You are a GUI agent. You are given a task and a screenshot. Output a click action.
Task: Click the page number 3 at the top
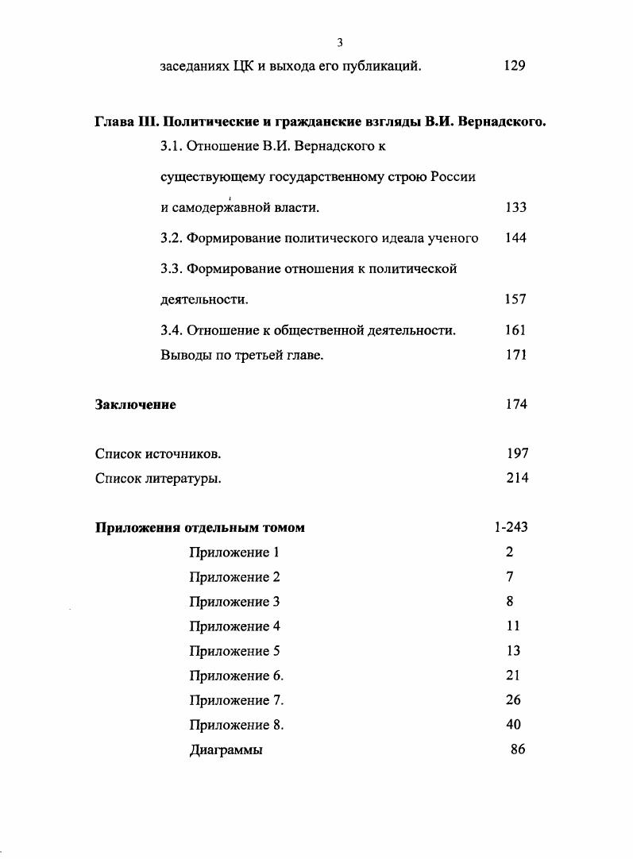[x=339, y=42]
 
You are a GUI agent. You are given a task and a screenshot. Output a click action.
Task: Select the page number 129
[x=514, y=67]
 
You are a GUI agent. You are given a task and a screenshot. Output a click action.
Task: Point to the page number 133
[x=515, y=207]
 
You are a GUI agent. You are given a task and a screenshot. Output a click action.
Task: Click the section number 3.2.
[x=172, y=238]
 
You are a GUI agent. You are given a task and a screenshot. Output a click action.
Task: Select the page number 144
[x=515, y=238]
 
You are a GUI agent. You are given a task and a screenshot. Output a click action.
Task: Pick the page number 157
[x=515, y=299]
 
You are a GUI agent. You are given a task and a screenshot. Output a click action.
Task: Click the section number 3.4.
[x=172, y=330]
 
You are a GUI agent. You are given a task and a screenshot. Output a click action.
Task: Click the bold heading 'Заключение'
[x=135, y=405]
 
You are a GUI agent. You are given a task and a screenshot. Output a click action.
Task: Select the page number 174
[x=515, y=405]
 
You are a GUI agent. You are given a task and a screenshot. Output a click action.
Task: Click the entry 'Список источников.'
[x=158, y=454]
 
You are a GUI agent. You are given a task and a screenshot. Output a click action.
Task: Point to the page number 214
[x=517, y=478]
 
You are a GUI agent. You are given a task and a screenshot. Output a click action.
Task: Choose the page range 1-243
[x=511, y=528]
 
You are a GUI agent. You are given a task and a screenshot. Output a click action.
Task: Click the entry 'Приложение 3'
[x=234, y=602]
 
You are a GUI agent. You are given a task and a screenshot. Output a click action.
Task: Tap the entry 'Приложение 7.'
[x=236, y=700]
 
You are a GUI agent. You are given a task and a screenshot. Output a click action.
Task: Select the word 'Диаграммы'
[x=226, y=749]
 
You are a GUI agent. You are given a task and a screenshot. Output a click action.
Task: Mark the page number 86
[x=518, y=749]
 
